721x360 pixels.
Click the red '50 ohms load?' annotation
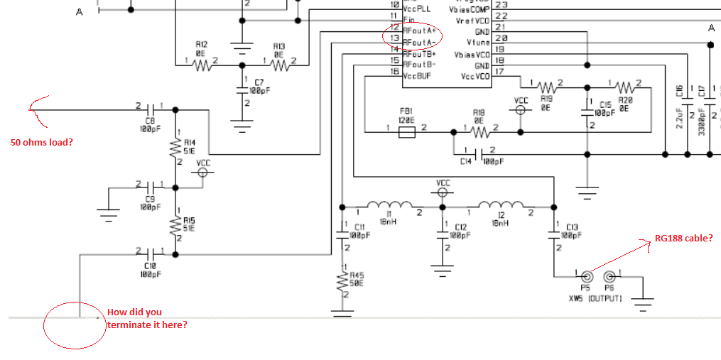pos(41,142)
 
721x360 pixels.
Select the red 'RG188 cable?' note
pos(683,238)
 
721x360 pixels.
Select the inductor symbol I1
pos(387,206)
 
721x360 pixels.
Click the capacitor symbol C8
pos(151,109)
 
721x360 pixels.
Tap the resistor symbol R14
pos(175,148)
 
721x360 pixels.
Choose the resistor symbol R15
pos(175,225)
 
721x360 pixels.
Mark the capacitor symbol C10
pos(151,253)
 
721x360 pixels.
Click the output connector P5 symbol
pos(586,277)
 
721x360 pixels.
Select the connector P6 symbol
pos(609,277)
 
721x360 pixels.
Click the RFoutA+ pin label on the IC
pos(420,32)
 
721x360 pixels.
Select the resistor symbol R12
pos(202,65)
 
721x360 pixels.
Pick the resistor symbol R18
pos(479,132)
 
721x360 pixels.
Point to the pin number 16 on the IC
pos(394,75)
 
